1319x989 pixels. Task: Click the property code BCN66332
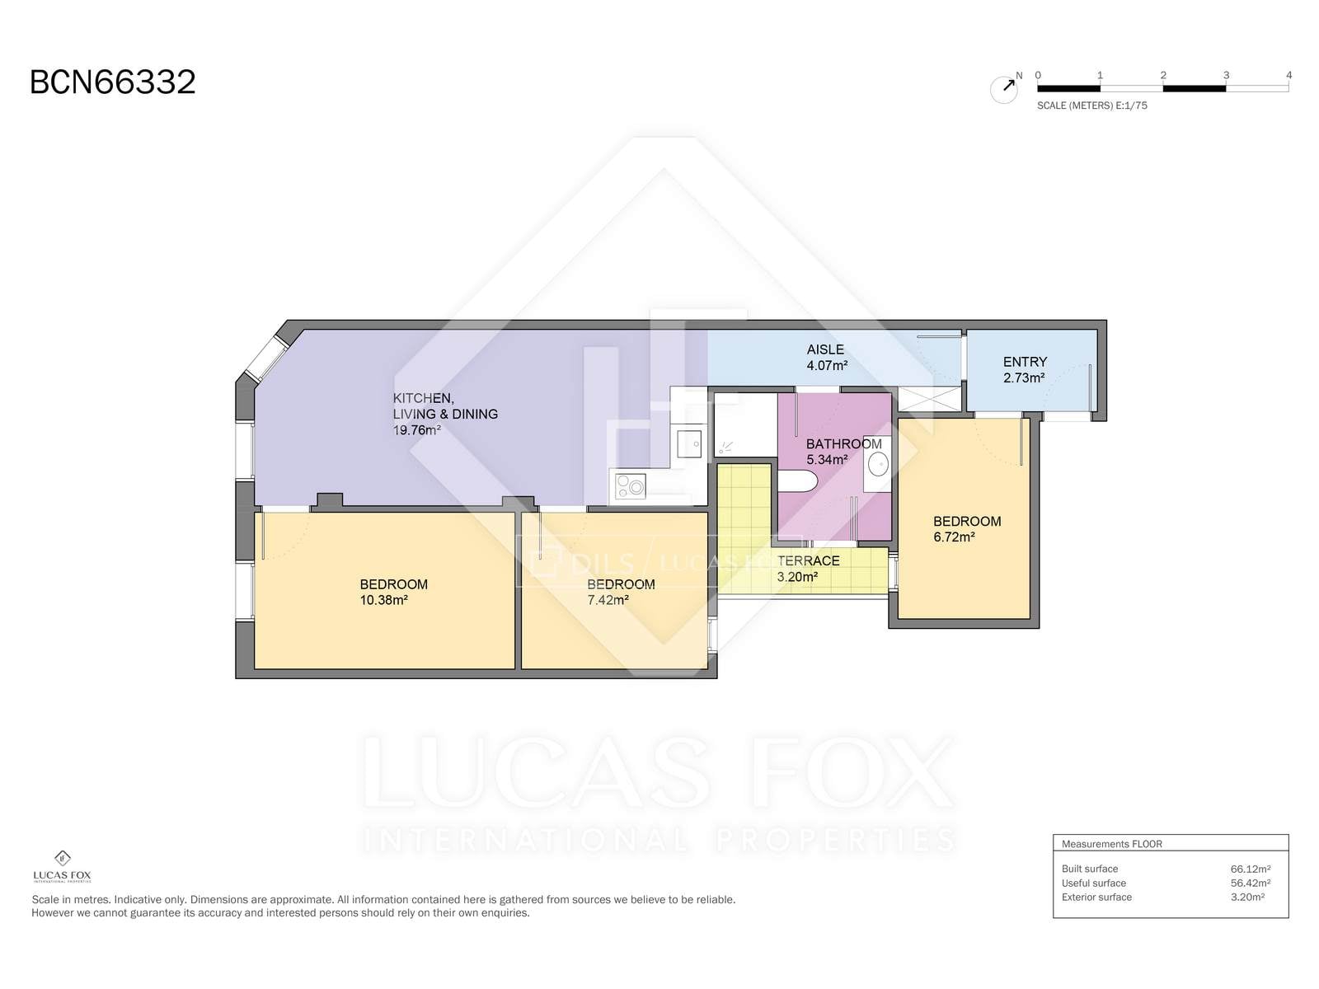[x=112, y=82]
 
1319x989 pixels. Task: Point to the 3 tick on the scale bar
[x=1226, y=75]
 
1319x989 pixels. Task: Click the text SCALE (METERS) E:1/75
[x=1091, y=105]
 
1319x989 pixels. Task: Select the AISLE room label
[x=825, y=349]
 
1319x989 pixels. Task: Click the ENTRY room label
[x=1025, y=362]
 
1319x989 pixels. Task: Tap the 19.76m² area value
[x=416, y=430]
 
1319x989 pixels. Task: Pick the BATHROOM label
[x=843, y=444]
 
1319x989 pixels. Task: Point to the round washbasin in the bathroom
[x=878, y=464]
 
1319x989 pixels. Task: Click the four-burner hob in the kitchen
[x=631, y=485]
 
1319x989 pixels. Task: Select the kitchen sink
[x=689, y=443]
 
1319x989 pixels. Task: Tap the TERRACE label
[x=808, y=561]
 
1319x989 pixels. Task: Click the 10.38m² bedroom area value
[x=384, y=600]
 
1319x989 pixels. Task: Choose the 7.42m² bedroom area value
[x=608, y=600]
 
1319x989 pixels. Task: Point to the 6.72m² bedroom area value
[x=954, y=537]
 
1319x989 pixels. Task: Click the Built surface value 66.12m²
[x=1250, y=869]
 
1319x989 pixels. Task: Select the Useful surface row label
[x=1094, y=884]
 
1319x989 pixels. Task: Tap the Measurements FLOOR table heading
[x=1112, y=844]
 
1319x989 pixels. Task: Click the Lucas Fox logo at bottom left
[x=62, y=866]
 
